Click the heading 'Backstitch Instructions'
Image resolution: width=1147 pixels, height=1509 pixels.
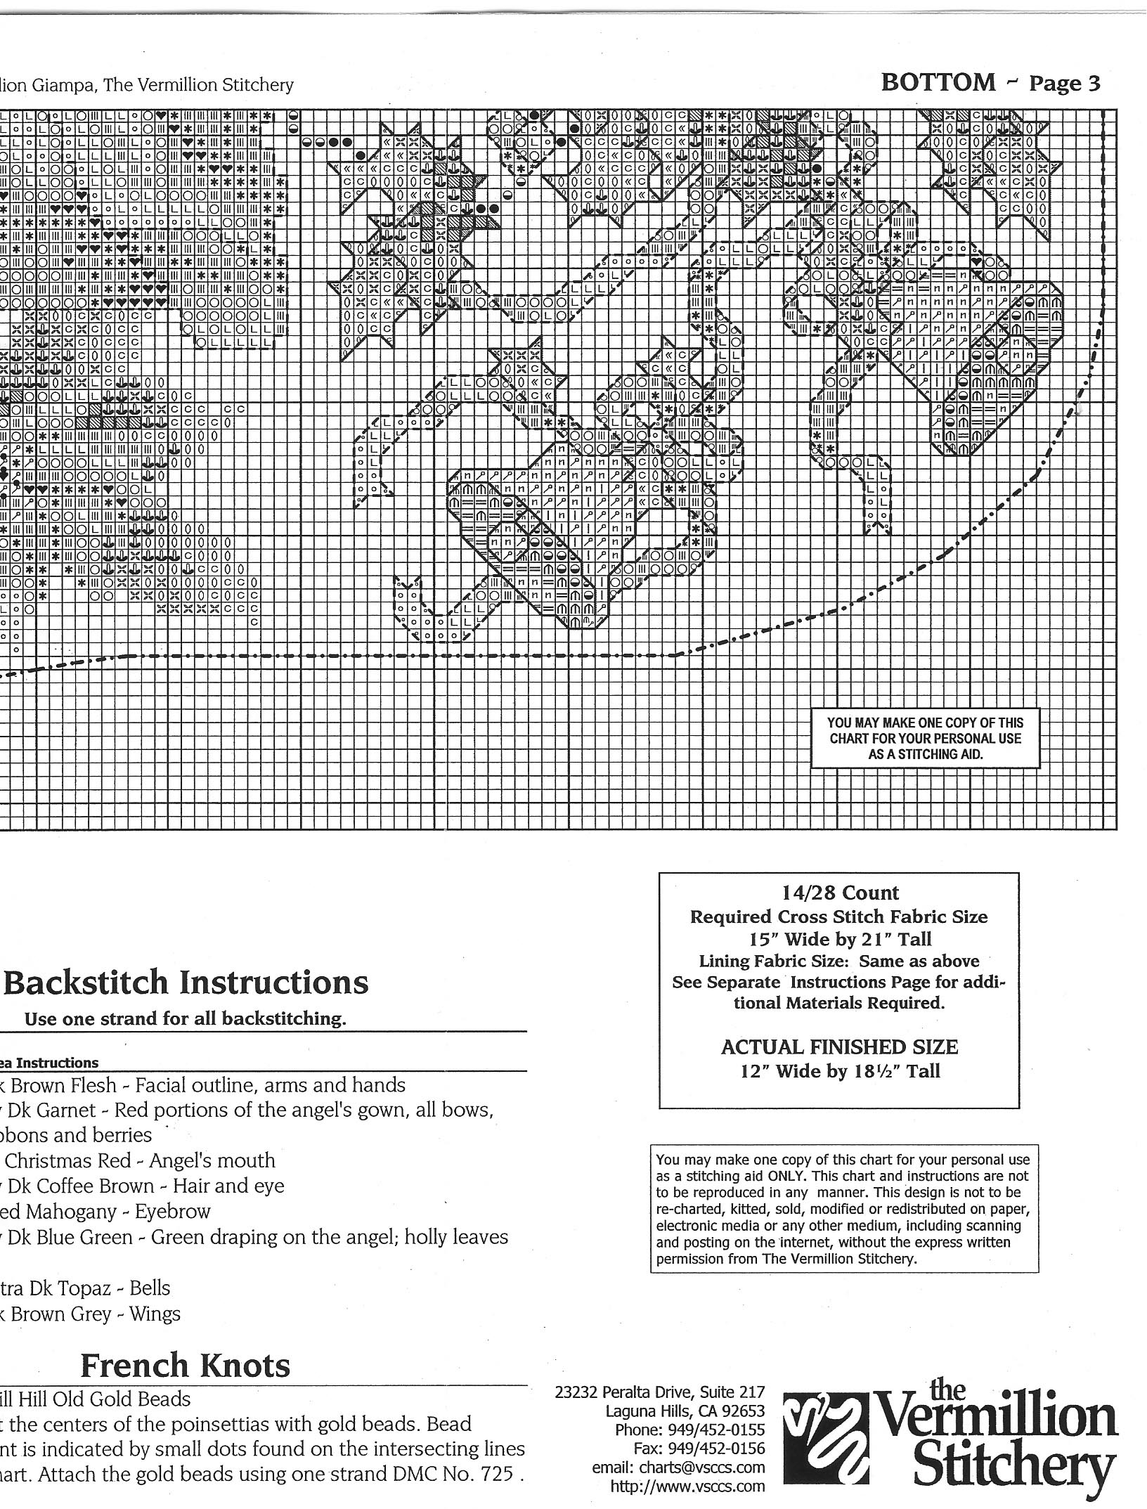coord(186,982)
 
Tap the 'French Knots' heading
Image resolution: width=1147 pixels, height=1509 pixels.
coord(186,1366)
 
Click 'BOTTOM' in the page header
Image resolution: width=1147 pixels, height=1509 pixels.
coord(938,83)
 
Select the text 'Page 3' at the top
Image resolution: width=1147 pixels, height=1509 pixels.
coord(1064,84)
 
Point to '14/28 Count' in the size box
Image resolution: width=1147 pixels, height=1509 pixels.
coord(840,893)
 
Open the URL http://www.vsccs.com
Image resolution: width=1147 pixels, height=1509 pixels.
coord(687,1486)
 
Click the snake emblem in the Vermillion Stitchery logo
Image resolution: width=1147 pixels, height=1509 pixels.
coord(827,1442)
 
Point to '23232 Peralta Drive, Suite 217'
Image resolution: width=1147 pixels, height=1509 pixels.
coord(659,1392)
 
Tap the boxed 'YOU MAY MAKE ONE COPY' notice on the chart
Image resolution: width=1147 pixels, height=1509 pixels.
coord(925,738)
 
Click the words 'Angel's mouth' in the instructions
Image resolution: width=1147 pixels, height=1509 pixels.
coord(212,1160)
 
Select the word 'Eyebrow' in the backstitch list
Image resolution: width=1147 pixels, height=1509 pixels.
coord(173,1211)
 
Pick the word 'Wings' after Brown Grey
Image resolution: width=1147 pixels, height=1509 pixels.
coord(155,1314)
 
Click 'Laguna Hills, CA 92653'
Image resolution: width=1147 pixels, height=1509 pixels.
coord(685,1411)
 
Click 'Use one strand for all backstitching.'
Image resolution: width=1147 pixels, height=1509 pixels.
coord(186,1019)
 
